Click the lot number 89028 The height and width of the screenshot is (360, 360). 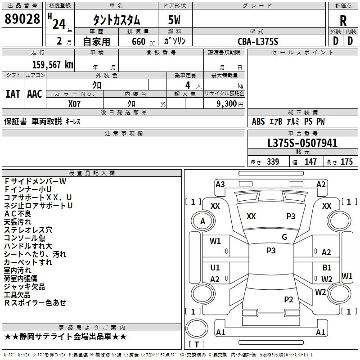pos(22,19)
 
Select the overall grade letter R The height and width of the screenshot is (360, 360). pos(343,21)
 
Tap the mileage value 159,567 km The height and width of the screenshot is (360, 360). pos(53,65)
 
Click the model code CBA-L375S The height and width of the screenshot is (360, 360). pos(258,41)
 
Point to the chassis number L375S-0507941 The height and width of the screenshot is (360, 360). pos(302,143)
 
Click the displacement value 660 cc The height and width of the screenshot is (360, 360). pos(143,42)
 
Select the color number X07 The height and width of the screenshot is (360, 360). pos(74,104)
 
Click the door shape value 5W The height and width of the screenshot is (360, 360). pos(174,20)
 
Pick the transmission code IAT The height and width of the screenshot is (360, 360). pos(13,94)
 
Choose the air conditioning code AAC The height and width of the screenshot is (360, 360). pos(35,94)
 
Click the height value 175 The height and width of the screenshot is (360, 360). pos(346,162)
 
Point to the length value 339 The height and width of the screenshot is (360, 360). pos(273,162)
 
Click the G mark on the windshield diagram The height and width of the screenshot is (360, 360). pos(284,237)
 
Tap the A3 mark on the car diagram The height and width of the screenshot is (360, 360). pos(220,184)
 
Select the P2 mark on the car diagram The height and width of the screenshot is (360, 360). pos(288,299)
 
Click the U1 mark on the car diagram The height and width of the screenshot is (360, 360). pos(215,267)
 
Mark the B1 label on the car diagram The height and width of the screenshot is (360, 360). pos(327,267)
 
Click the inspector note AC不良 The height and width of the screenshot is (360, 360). pos(18,214)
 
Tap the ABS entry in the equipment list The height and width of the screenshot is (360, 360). pos(258,121)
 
